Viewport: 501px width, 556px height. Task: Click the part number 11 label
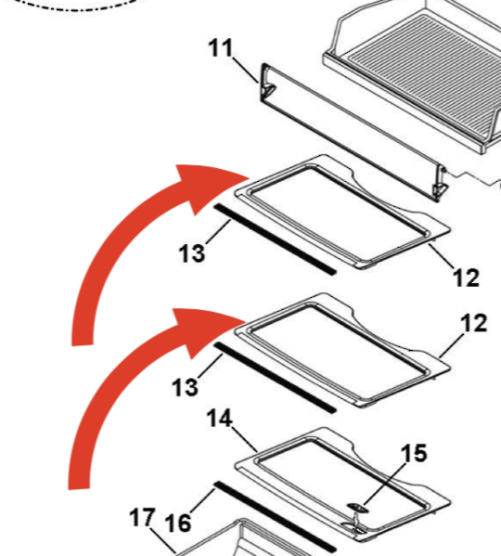pos(221,48)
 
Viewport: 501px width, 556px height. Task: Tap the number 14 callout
pos(220,418)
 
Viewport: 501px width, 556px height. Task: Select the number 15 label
pos(414,453)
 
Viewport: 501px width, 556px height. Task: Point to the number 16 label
pos(178,523)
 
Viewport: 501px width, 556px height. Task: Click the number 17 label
pos(142,517)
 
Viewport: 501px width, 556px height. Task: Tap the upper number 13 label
pos(192,253)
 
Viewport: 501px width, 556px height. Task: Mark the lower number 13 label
pos(185,387)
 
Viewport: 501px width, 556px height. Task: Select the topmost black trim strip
pos(275,239)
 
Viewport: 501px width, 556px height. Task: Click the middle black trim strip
pos(275,378)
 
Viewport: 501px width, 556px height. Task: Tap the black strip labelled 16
pos(275,517)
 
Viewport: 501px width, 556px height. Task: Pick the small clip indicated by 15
pos(357,519)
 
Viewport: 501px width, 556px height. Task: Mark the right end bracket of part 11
pos(440,183)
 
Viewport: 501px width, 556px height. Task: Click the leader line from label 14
pos(245,440)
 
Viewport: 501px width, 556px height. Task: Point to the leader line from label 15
pos(384,484)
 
